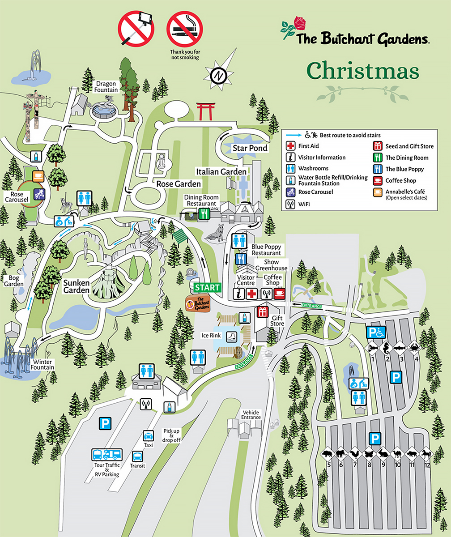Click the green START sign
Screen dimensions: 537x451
coord(207,287)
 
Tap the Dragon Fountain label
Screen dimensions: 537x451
coord(106,86)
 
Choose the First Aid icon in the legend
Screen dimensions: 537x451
coord(291,146)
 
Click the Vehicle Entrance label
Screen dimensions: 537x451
coord(251,414)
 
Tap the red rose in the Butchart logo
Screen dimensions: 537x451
coord(299,23)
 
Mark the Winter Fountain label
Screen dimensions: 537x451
coord(43,364)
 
